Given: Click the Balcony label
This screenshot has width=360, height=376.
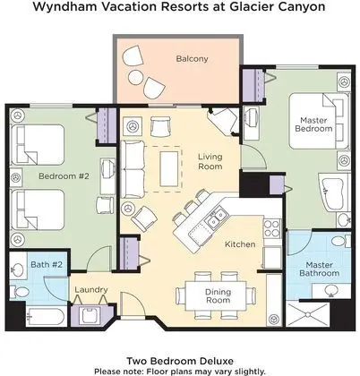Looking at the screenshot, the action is [192, 59].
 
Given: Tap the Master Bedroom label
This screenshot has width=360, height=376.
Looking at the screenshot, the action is [313, 124].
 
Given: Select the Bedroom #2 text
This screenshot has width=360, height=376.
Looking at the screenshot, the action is [64, 176].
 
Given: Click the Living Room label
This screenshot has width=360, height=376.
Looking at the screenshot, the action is [210, 161].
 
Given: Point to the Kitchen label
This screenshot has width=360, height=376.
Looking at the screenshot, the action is [240, 244].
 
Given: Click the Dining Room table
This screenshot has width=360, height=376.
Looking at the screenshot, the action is [216, 295].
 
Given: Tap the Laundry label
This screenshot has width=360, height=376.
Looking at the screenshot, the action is [91, 290].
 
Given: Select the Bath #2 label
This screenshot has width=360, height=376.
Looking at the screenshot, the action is [47, 264].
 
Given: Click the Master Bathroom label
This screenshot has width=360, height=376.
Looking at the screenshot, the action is [319, 269].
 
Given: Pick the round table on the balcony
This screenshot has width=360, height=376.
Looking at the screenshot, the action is [136, 77].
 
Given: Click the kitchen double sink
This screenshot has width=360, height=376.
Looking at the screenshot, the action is [217, 218].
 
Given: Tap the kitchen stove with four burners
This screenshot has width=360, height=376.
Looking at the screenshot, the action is [272, 228].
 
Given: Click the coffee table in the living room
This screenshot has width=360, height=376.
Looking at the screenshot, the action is [169, 169].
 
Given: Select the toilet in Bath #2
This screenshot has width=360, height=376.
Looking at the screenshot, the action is [19, 292].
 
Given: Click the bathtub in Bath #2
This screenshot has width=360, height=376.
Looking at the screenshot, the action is [46, 317].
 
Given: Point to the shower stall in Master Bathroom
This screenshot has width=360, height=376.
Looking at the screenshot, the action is [308, 314].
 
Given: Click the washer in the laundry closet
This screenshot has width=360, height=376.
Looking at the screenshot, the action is [89, 316].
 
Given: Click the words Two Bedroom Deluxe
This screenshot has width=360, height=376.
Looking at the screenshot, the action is [180, 361].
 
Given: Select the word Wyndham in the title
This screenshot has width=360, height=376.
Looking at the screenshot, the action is [64, 6].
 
